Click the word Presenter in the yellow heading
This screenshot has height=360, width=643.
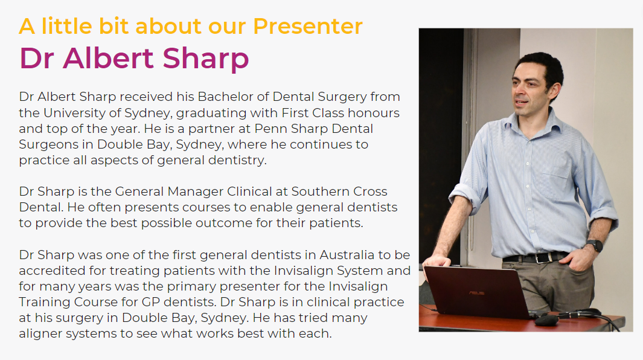(x=307, y=26)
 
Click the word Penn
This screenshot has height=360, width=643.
(x=270, y=129)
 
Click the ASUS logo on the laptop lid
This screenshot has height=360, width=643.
(x=477, y=293)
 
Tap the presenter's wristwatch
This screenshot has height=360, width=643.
(x=595, y=245)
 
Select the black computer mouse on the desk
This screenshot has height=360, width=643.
(x=546, y=320)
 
